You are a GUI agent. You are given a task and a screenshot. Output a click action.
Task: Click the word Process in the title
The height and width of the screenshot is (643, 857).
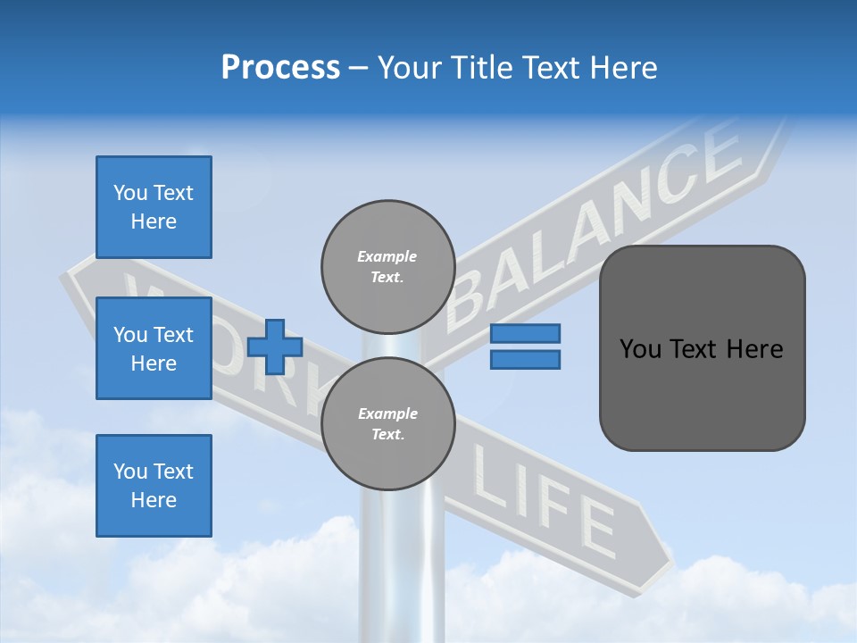click(280, 68)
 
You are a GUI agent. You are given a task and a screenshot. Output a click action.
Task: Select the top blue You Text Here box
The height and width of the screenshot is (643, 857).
click(154, 207)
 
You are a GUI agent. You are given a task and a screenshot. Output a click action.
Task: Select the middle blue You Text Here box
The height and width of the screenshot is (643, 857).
click(154, 348)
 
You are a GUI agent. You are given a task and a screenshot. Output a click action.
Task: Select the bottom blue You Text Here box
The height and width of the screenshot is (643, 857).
click(154, 486)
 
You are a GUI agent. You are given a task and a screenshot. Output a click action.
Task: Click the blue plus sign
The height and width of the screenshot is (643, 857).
click(275, 347)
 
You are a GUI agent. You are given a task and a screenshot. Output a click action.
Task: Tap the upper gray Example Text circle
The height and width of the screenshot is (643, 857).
click(387, 266)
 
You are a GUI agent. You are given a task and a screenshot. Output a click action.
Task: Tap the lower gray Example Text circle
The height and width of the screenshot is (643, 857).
click(387, 423)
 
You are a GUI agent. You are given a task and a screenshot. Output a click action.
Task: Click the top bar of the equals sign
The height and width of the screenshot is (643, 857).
click(525, 333)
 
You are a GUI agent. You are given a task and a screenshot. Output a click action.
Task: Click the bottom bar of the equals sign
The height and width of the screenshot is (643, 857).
click(525, 359)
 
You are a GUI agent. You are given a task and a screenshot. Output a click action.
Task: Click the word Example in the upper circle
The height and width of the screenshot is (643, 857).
click(387, 256)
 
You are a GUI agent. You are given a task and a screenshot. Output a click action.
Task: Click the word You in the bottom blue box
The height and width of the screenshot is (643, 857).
click(129, 472)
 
